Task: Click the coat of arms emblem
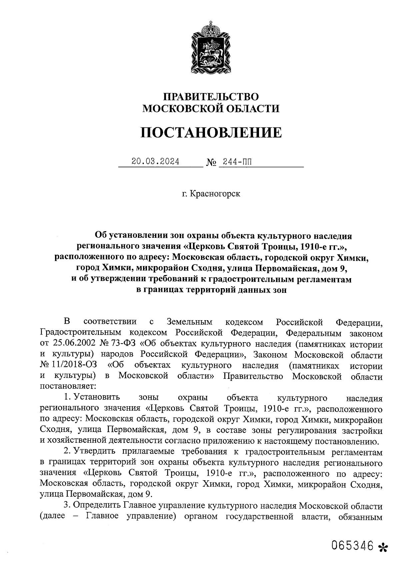211,50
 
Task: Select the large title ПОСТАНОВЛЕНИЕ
211,132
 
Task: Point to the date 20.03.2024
155,162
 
